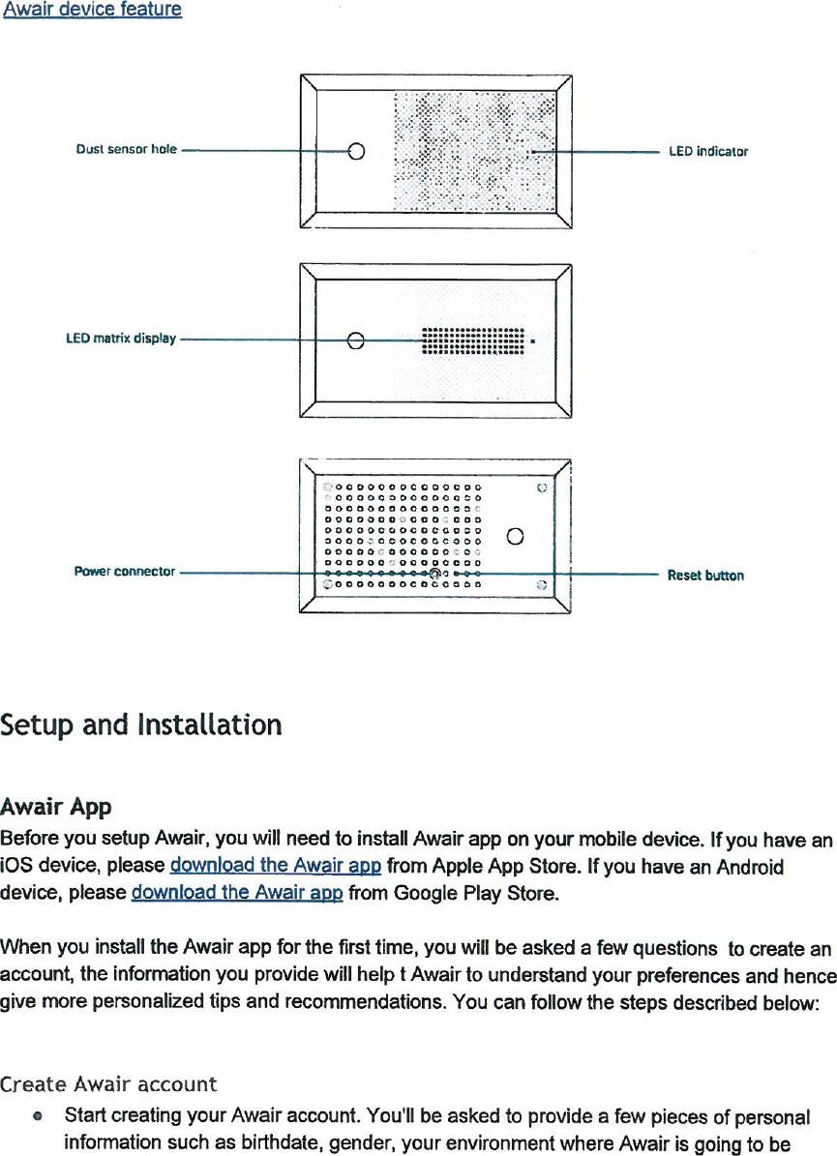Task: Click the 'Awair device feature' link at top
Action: click(92, 10)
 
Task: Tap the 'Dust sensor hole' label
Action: click(126, 150)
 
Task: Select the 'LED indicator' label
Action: click(708, 152)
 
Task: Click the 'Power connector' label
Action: click(124, 572)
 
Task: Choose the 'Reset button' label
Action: click(705, 576)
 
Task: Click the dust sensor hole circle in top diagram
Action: click(356, 151)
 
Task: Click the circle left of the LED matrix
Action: click(356, 340)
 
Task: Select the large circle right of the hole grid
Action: click(516, 537)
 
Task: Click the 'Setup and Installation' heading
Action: click(141, 725)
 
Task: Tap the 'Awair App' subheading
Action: click(56, 806)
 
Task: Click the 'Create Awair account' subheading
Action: click(108, 1083)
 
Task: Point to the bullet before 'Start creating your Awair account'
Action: click(36, 1117)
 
